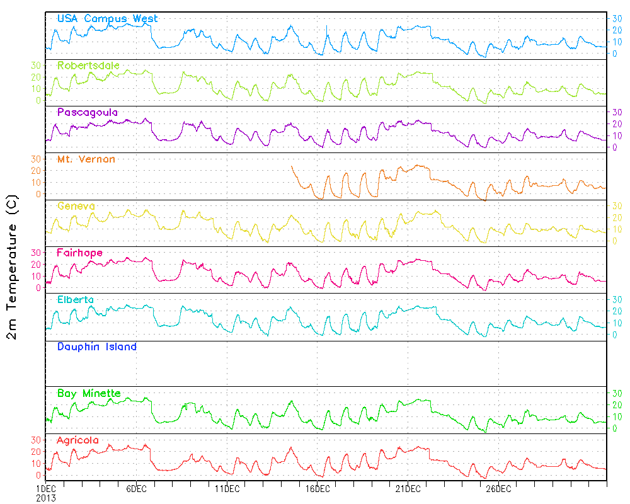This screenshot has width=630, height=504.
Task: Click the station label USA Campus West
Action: (107, 19)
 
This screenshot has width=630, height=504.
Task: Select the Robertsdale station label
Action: (88, 66)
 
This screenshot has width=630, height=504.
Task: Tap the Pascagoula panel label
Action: (87, 112)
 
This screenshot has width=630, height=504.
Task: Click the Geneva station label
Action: (76, 206)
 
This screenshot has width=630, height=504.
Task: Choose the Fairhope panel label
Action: (79, 253)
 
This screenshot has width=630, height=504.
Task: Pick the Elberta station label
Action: (76, 299)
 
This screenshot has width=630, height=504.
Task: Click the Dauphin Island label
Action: (96, 346)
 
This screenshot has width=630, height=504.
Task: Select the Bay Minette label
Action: (88, 393)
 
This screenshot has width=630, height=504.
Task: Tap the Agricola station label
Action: (77, 440)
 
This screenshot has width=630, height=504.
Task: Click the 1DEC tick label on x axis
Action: (46, 488)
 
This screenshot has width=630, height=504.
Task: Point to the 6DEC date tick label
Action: (136, 488)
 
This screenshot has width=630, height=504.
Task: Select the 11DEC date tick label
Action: (227, 488)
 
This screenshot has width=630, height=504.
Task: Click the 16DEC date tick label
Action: (318, 488)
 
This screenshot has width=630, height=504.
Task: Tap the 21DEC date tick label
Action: (408, 488)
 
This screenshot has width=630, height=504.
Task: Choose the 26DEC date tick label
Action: (499, 488)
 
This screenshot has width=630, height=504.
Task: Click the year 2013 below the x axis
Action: (46, 497)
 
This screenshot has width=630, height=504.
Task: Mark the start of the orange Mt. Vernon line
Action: (292, 166)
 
